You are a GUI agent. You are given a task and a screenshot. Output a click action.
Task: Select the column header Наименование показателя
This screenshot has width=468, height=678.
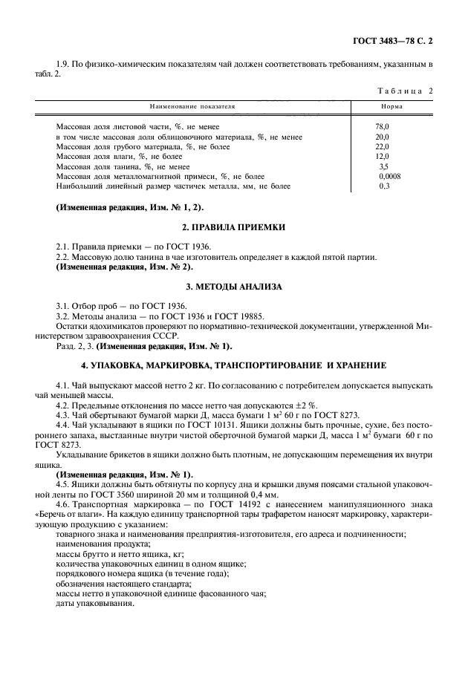(192, 107)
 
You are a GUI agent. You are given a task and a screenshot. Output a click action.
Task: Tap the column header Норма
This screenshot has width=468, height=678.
(387, 107)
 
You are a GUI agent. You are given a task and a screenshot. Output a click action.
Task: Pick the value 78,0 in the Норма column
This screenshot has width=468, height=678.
(383, 127)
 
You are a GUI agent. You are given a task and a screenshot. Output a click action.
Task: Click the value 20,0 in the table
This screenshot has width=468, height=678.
(383, 137)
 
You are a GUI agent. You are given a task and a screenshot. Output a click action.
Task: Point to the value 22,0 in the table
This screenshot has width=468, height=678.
(383, 147)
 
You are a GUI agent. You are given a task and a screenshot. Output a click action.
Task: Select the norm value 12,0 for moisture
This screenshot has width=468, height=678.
(383, 157)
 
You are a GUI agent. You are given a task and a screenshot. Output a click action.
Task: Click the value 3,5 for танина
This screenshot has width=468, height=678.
(384, 167)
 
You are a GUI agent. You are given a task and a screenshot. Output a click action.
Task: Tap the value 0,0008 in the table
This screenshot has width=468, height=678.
(389, 177)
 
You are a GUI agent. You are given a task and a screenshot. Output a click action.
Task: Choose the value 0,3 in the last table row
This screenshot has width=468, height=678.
(384, 186)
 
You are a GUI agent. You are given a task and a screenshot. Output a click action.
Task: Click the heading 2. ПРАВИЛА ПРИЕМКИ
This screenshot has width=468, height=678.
(234, 227)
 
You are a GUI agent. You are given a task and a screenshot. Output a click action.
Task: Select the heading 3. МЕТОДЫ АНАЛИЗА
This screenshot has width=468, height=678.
(234, 287)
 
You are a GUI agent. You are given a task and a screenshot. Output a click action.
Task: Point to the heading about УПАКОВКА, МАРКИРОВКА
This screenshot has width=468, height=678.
(234, 366)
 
